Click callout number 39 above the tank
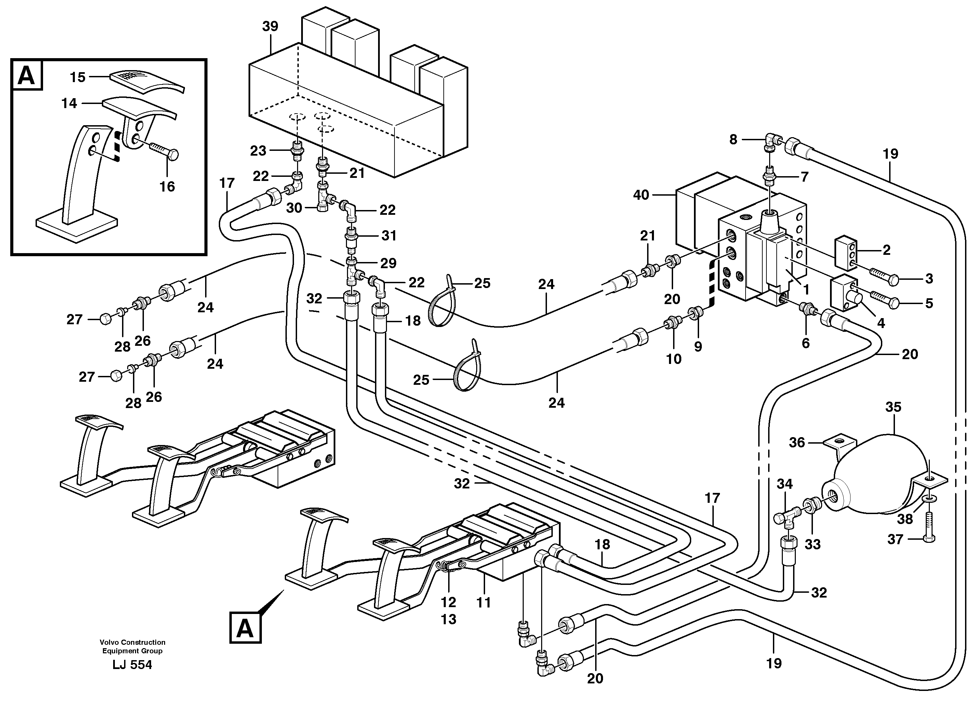click(270, 27)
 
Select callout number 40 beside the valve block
click(641, 195)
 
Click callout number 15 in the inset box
click(78, 78)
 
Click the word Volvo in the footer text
click(109, 642)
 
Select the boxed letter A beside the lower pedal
click(245, 628)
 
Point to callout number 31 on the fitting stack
click(389, 236)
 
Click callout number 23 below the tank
click(258, 151)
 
